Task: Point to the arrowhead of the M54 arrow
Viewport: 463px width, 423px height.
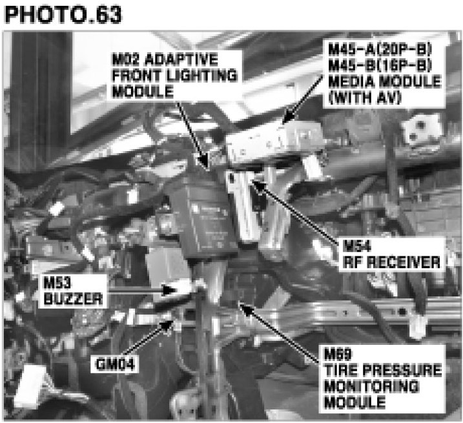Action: pos(253,184)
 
